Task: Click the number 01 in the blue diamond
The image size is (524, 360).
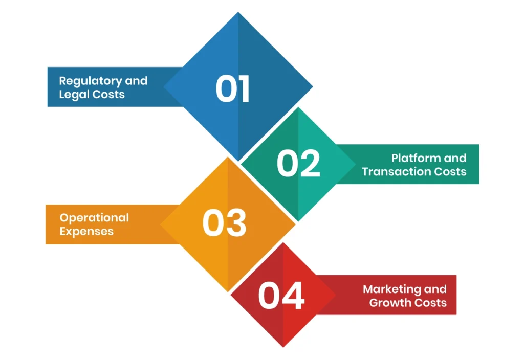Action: pyautogui.click(x=232, y=89)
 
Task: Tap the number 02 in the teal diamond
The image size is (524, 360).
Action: pyautogui.click(x=298, y=164)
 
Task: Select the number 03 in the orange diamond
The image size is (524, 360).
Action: pyautogui.click(x=224, y=223)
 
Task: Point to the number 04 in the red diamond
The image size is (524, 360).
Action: pyautogui.click(x=281, y=296)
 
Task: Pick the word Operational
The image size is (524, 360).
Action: pyautogui.click(x=94, y=218)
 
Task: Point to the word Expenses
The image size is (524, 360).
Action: pyautogui.click(x=86, y=231)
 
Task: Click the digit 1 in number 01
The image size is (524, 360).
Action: pyautogui.click(x=243, y=89)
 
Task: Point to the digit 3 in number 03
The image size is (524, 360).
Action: pyautogui.click(x=236, y=223)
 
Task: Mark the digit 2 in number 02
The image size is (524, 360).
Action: pyautogui.click(x=310, y=164)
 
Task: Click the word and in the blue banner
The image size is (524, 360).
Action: pyautogui.click(x=136, y=81)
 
